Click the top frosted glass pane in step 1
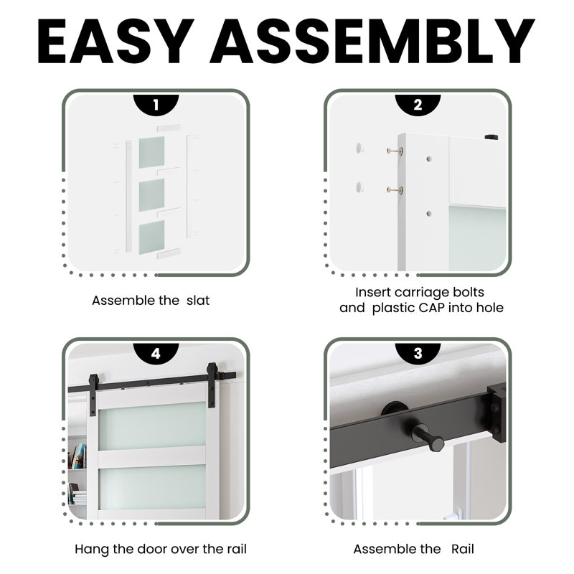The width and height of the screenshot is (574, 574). [x=151, y=151]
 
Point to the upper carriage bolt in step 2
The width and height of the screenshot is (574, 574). [x=395, y=151]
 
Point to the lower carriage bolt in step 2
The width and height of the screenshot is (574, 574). [x=395, y=190]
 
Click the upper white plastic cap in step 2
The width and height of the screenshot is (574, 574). [x=359, y=149]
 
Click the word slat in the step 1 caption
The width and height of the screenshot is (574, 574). [x=198, y=301]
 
